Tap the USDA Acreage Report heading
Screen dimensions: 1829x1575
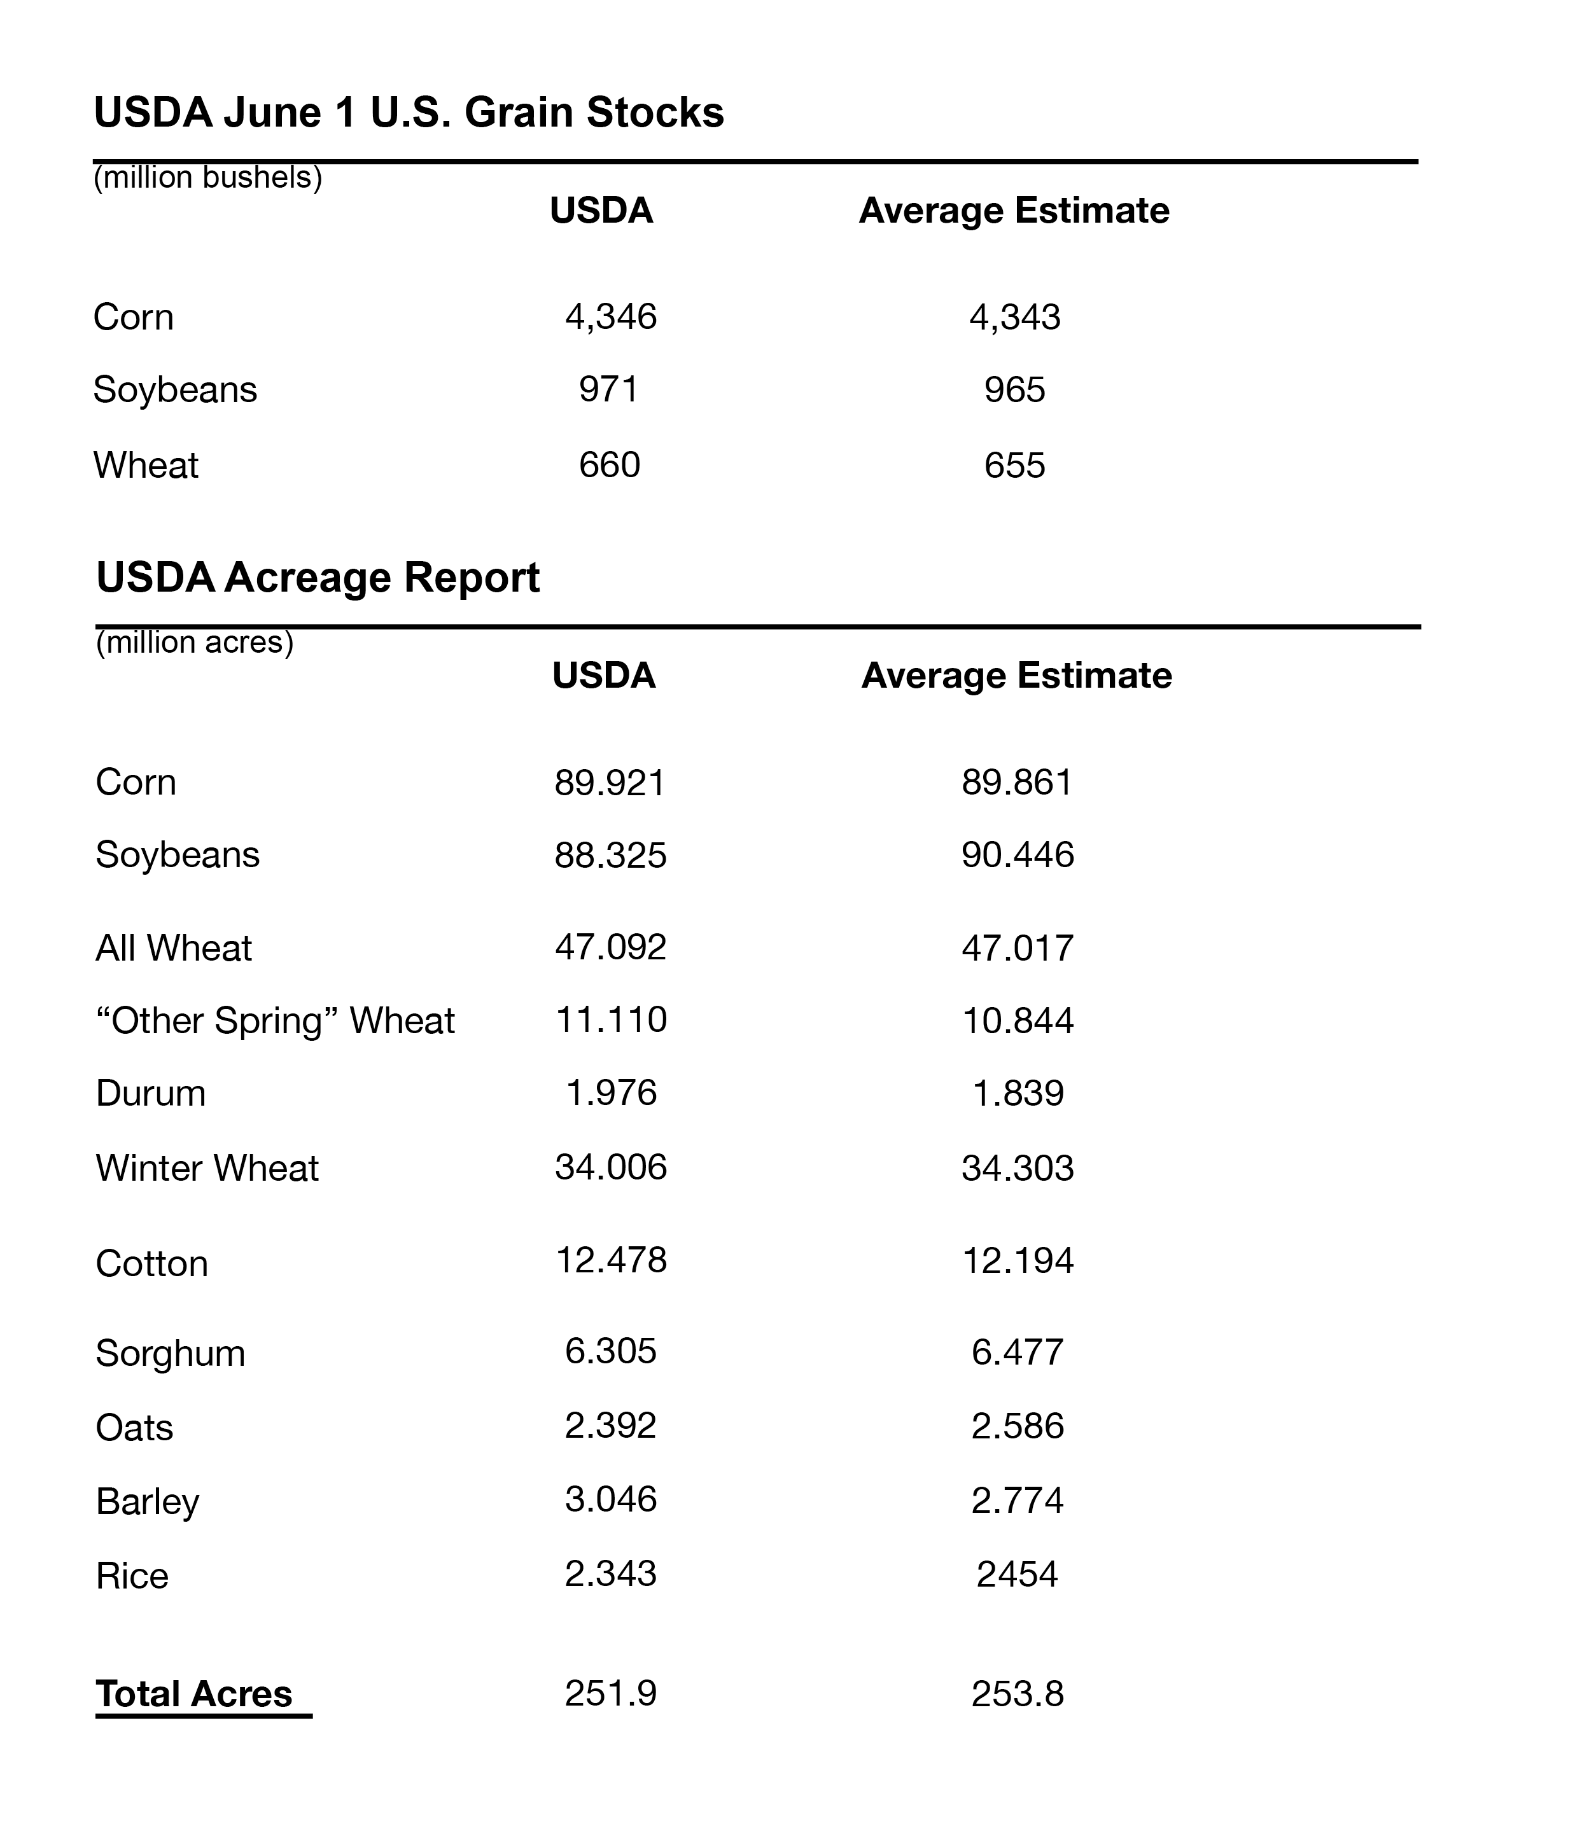point(318,578)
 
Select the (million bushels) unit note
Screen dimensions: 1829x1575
point(207,178)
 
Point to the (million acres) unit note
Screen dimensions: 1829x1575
point(194,643)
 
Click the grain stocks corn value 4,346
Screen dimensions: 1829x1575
point(611,317)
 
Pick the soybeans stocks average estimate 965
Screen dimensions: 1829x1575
point(1014,390)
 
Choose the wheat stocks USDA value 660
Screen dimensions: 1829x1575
point(609,465)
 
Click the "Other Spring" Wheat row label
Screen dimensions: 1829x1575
point(274,1021)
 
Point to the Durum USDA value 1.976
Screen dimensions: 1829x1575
point(611,1094)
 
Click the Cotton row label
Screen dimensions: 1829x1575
point(152,1264)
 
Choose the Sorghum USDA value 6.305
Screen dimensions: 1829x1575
point(611,1351)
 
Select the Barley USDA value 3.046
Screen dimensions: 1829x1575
point(611,1499)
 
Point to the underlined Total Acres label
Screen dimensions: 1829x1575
point(194,1695)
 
